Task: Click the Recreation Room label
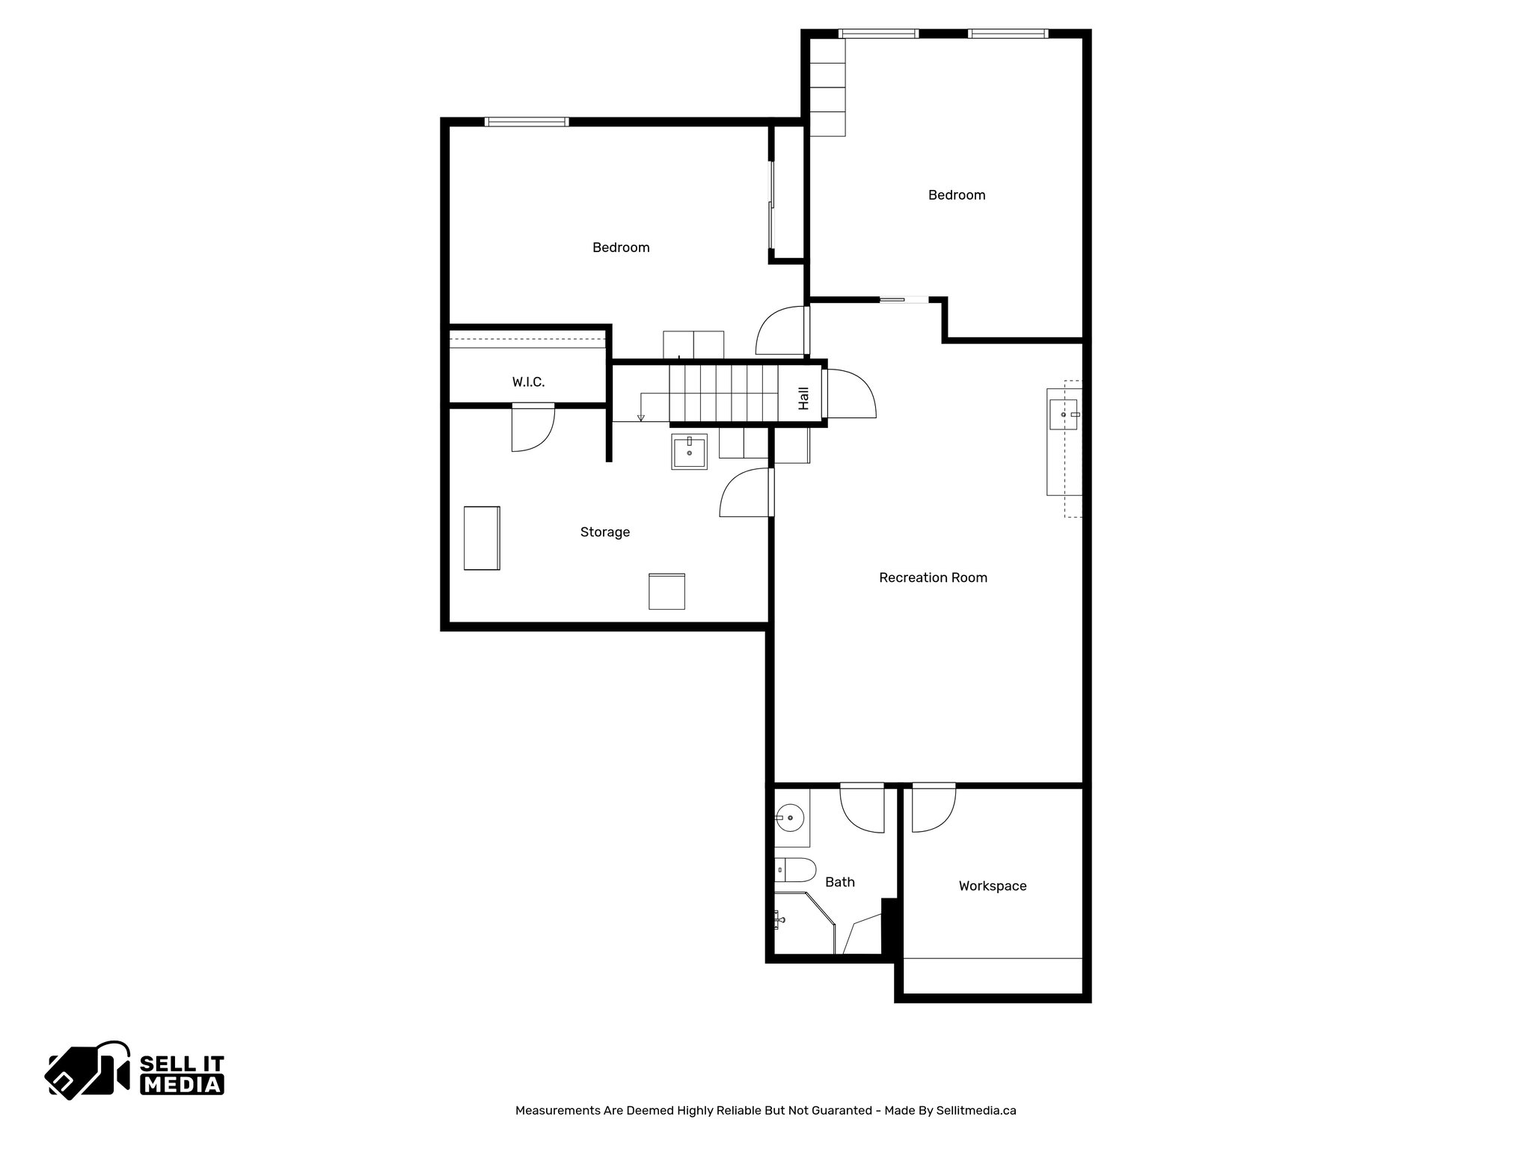[933, 577]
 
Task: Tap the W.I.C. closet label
[528, 382]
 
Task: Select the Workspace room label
[993, 886]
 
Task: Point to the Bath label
[839, 882]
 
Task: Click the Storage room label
[604, 532]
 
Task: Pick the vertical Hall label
[803, 398]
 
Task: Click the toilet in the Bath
[794, 870]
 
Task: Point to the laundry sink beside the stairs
[689, 451]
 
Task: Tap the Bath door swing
[862, 809]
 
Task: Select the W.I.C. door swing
[533, 429]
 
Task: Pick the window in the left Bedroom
[527, 122]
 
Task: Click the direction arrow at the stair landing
[641, 417]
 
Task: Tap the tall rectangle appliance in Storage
[482, 538]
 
